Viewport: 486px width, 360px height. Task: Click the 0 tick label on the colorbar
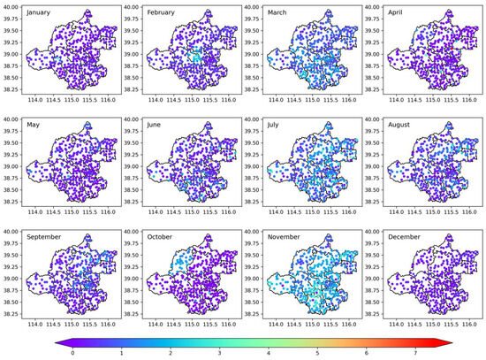[72, 353]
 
